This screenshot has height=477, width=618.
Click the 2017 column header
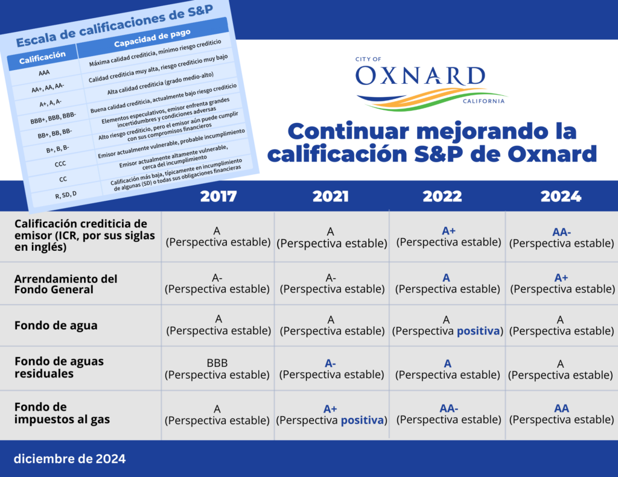click(218, 196)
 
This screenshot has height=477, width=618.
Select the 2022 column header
click(442, 196)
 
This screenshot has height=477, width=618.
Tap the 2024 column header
click(561, 196)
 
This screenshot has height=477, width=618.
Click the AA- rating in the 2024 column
click(562, 232)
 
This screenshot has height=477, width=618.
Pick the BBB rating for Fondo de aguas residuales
click(217, 363)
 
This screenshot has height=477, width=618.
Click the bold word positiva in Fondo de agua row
click(478, 331)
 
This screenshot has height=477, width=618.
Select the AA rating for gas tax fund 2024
click(562, 408)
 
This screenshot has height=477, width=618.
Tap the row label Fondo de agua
click(56, 326)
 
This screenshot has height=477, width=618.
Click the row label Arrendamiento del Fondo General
click(66, 284)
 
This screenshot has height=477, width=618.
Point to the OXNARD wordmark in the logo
click(420, 75)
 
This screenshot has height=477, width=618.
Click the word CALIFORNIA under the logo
click(483, 101)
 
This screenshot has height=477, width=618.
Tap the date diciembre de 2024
click(70, 458)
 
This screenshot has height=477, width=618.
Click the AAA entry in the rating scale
click(44, 73)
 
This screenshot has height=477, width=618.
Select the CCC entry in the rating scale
click(60, 164)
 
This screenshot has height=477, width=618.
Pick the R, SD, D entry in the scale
click(66, 195)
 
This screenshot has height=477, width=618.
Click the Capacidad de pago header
click(152, 38)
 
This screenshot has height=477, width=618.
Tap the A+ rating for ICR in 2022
click(448, 231)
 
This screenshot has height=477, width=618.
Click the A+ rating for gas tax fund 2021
click(330, 409)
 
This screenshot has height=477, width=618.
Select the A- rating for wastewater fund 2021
click(330, 363)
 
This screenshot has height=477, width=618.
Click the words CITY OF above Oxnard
click(368, 59)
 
